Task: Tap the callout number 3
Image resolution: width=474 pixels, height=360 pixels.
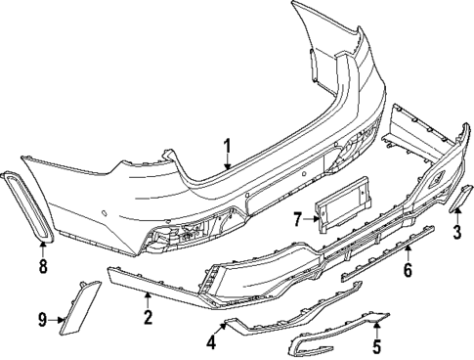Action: pos(456,231)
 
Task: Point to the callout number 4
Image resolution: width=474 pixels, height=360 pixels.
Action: pos(210,341)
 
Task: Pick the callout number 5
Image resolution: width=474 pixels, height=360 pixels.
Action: pos(377,346)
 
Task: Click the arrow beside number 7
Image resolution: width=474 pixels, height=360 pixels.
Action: pos(312,218)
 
